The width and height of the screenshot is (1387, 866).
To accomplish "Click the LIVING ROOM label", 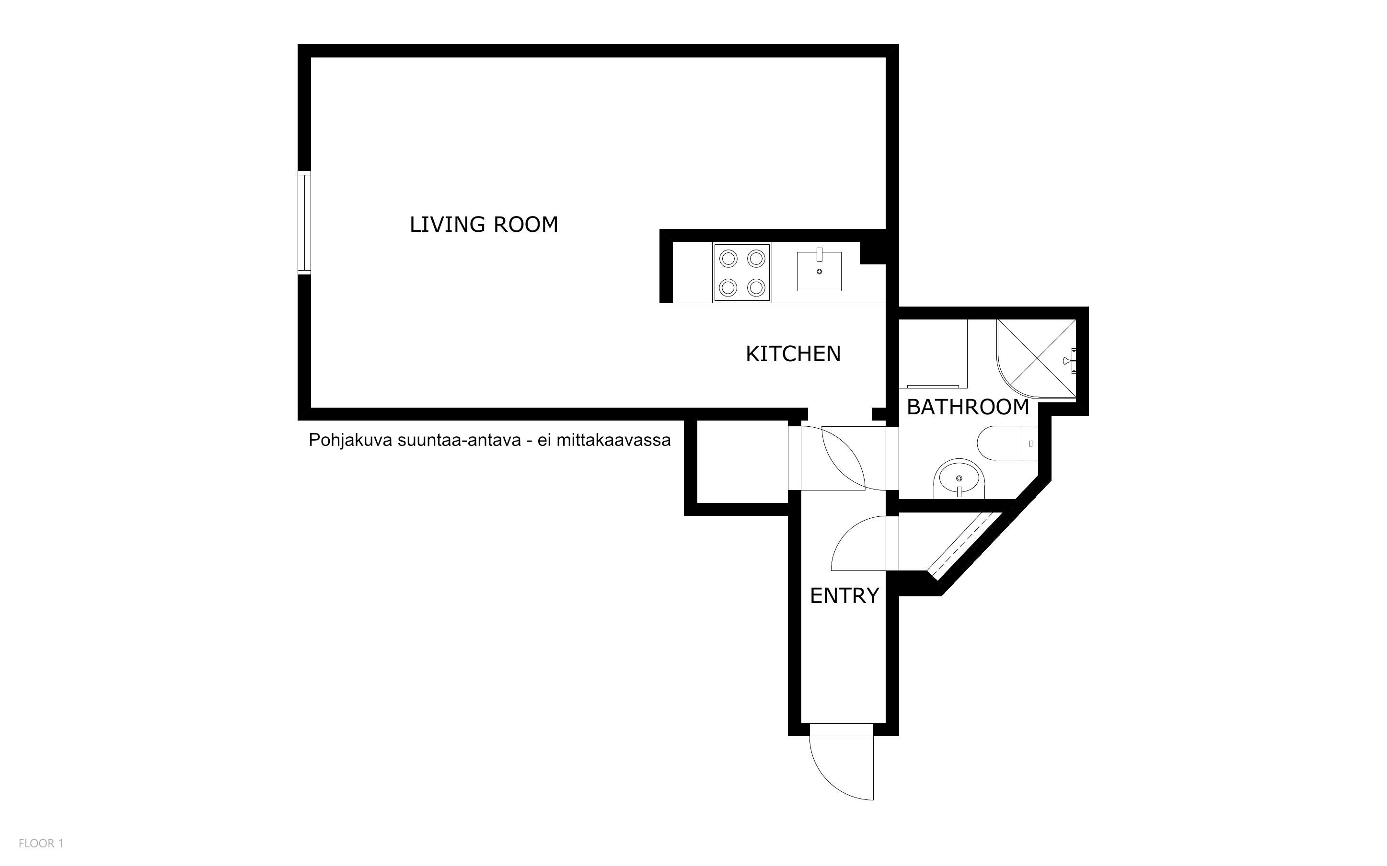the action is [x=484, y=225].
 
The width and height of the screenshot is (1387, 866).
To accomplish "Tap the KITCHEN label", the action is [x=793, y=354].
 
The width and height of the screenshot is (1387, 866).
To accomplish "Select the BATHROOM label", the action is [x=968, y=407].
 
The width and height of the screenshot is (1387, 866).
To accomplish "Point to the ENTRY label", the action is [x=844, y=596].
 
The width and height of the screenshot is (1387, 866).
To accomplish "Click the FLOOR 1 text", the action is [x=41, y=843].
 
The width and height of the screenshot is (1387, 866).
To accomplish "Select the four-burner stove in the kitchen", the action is [x=742, y=273].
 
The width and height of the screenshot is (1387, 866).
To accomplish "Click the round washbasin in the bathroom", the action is [x=959, y=479].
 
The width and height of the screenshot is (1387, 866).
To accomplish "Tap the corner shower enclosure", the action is [x=1036, y=359].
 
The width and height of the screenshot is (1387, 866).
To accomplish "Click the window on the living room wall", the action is [x=304, y=223].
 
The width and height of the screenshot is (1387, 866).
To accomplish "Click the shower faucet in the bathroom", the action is [x=1070, y=361].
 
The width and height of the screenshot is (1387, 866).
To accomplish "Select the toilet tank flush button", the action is [x=1030, y=444].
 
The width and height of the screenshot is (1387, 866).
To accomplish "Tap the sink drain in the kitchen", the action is [x=819, y=272].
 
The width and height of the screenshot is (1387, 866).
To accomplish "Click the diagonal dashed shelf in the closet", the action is [x=964, y=546].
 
